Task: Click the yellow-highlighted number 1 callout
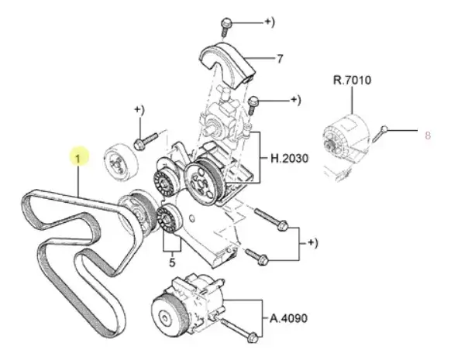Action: [78, 158]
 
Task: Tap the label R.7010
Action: [352, 80]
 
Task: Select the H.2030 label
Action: [289, 158]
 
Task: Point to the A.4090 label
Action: [288, 318]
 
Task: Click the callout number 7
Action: [280, 59]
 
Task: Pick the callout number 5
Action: [172, 262]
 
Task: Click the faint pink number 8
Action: [428, 135]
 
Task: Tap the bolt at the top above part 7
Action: [225, 27]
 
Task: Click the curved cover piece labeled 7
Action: [226, 63]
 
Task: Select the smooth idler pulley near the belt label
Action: [121, 162]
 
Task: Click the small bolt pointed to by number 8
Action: [380, 134]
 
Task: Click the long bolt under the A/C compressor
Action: [239, 330]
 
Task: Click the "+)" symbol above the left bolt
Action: [139, 110]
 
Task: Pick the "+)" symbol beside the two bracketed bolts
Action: [312, 243]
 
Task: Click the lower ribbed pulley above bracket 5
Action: [168, 218]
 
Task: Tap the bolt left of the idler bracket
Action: [146, 140]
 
